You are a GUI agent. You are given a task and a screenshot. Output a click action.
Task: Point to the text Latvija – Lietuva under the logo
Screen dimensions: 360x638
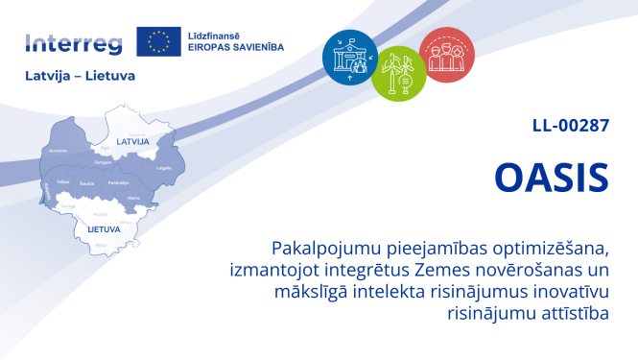pyautogui.click(x=80, y=75)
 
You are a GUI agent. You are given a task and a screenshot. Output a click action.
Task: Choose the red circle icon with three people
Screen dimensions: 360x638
pyautogui.click(x=446, y=54)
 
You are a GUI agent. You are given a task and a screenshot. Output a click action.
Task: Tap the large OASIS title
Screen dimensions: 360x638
pyautogui.click(x=551, y=177)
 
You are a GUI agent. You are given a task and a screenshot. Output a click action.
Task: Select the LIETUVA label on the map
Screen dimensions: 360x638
pyautogui.click(x=104, y=229)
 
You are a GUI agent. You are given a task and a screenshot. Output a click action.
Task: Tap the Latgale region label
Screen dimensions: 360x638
pyautogui.click(x=164, y=168)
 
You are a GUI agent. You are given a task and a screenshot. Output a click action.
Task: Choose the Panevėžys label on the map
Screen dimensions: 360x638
pyautogui.click(x=118, y=181)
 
